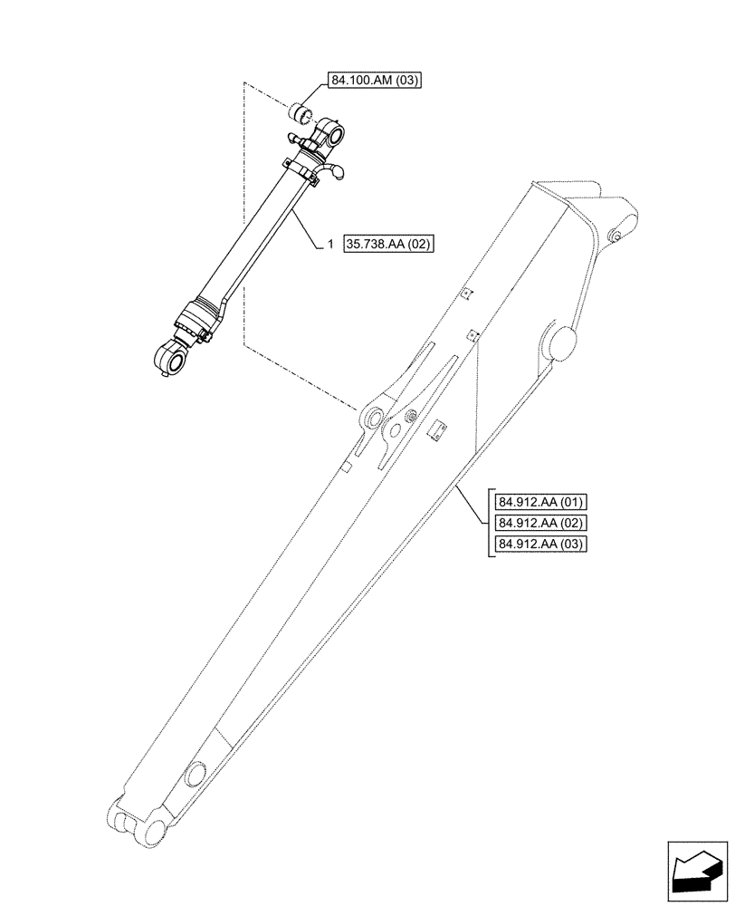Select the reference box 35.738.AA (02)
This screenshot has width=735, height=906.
[x=389, y=244]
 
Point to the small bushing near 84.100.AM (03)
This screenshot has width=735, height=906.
[x=303, y=116]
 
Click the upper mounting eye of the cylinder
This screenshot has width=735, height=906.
[x=334, y=136]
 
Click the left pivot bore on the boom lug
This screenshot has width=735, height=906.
[x=370, y=419]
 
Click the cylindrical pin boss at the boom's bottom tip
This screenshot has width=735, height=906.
[x=154, y=833]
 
